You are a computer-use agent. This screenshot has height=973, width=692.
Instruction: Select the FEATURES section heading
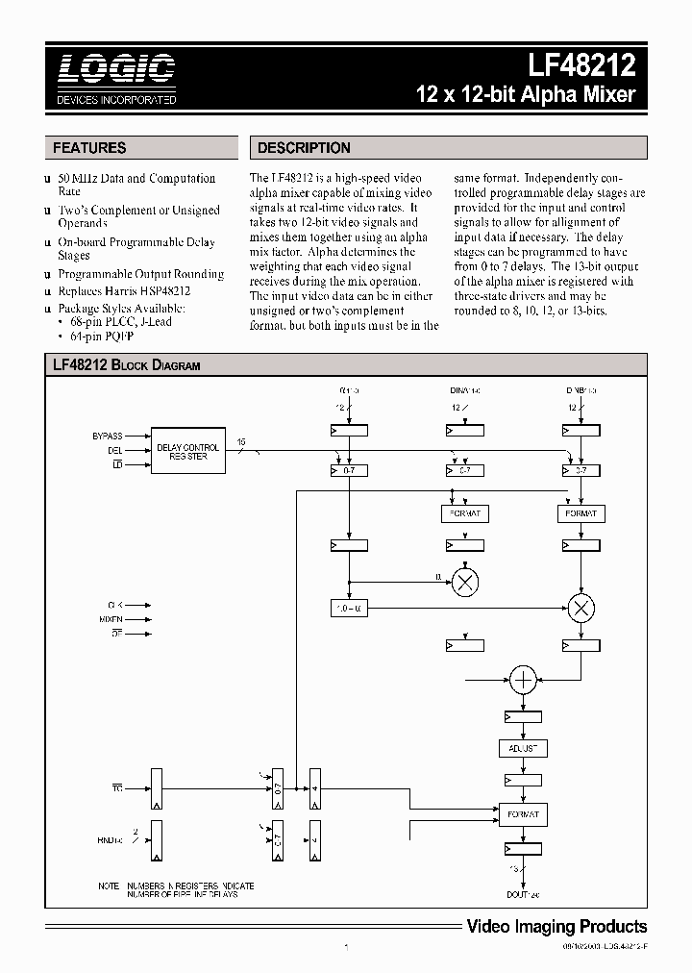coord(89,148)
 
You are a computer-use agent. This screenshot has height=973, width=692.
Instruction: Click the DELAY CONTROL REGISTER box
coord(188,451)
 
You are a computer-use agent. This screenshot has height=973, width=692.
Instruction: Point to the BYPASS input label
coord(107,436)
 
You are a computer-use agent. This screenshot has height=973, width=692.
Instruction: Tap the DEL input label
coord(114,451)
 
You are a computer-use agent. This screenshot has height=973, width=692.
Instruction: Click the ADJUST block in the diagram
coord(523,748)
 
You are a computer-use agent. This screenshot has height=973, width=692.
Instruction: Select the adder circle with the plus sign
coord(523,681)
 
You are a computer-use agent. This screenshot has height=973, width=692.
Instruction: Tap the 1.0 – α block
coord(349,608)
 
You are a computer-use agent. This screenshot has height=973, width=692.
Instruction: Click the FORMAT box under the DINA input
coord(465,513)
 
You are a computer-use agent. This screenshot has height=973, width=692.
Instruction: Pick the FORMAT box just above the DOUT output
coord(523,814)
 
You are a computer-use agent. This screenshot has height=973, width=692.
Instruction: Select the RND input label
coord(111,839)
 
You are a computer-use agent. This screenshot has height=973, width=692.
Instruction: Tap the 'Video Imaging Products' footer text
coord(556,927)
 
